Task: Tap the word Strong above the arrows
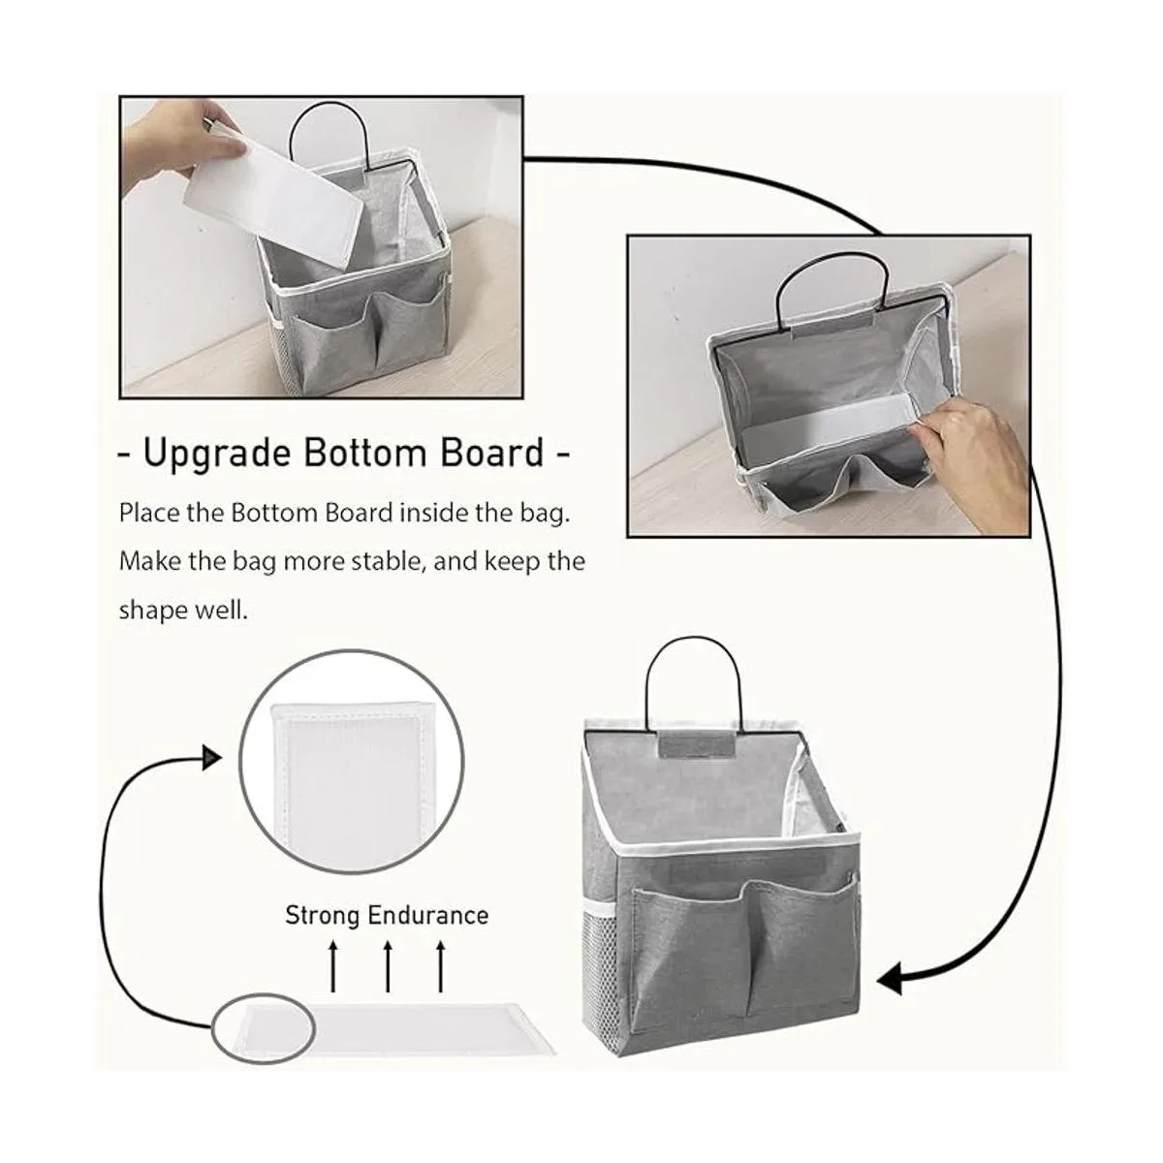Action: (x=322, y=916)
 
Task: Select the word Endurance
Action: (x=428, y=915)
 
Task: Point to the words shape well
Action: (x=183, y=611)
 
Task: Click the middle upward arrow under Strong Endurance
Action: (x=388, y=966)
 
